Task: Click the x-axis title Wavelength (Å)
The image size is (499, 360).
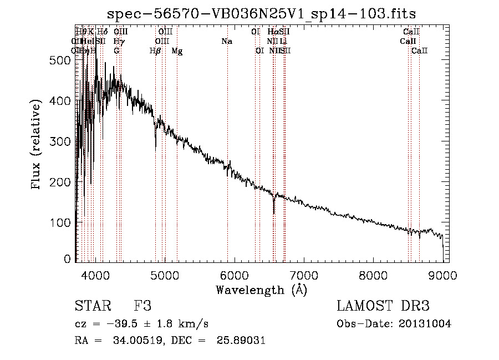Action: coord(261,289)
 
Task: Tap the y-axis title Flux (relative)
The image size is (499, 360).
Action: coord(37,145)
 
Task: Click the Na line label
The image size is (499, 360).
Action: coord(226,42)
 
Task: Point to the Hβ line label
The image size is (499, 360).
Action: coord(155,50)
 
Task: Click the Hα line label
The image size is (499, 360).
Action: coord(272,32)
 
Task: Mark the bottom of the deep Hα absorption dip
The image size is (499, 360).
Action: coord(273,214)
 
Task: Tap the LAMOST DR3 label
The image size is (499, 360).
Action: coord(383,306)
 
